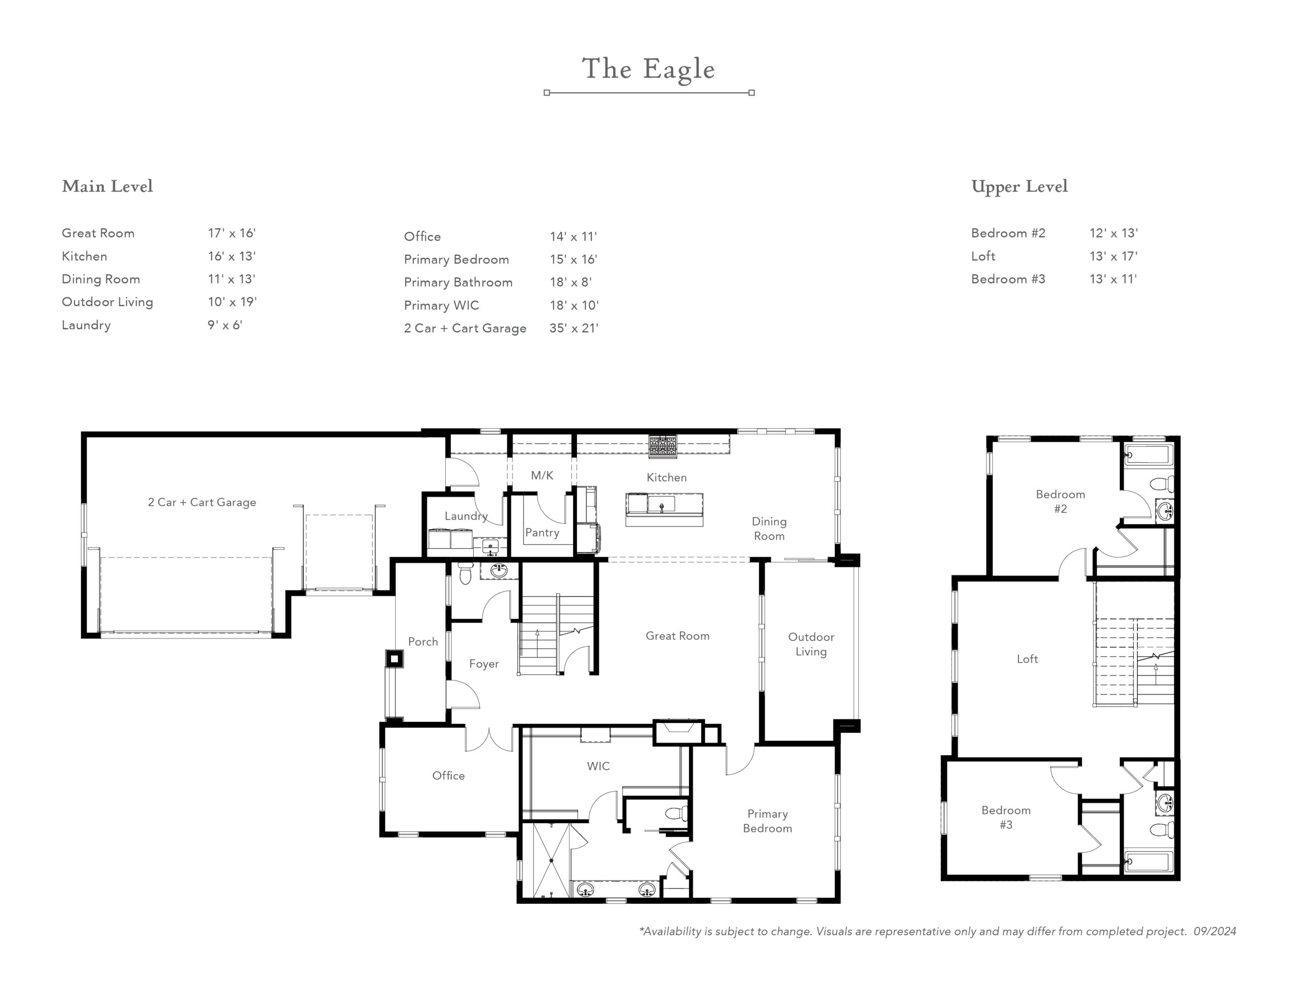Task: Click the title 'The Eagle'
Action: coord(648,69)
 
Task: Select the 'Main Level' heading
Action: coord(107,186)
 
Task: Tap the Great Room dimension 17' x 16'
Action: coord(232,233)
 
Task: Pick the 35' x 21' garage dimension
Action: coord(574,328)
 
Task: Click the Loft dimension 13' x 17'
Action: coord(1114,256)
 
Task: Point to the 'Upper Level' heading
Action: coord(1019,186)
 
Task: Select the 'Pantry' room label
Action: coord(542,533)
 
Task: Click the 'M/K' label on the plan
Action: coord(542,475)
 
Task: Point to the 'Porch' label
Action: coord(423,641)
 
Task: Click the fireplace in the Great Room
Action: coord(679,732)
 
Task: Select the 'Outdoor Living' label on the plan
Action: coord(811,644)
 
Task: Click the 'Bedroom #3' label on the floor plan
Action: coord(1006,817)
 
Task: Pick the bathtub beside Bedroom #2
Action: coord(1149,455)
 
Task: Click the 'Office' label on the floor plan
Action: coord(448,775)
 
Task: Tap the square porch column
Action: coord(394,659)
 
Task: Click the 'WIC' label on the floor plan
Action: coord(598,766)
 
